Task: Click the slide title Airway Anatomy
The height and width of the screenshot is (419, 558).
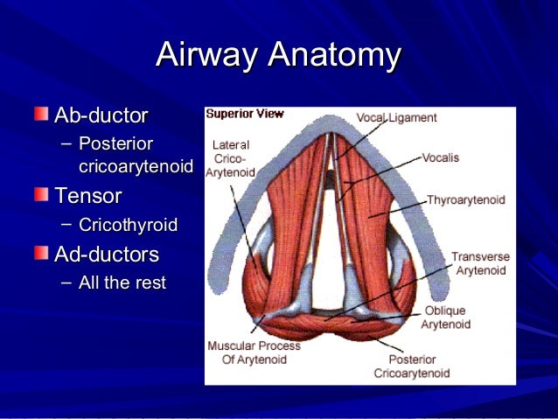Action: [x=278, y=55]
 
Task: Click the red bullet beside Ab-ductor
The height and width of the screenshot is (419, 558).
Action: [x=42, y=115]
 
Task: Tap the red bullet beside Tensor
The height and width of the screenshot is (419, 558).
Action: [x=42, y=193]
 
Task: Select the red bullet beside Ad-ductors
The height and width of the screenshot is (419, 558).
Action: [x=42, y=254]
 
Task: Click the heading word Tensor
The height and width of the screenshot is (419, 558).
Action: [x=87, y=194]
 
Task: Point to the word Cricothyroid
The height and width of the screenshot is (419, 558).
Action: [x=128, y=226]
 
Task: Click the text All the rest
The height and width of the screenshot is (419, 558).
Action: [x=122, y=283]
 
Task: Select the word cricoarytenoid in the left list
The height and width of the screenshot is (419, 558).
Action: [x=136, y=165]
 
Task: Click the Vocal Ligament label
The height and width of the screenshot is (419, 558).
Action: [x=396, y=117]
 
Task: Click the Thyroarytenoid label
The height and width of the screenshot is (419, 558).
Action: [x=465, y=200]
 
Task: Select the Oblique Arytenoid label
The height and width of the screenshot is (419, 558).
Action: [x=445, y=317]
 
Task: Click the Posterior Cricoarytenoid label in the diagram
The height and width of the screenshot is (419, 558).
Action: [x=411, y=366]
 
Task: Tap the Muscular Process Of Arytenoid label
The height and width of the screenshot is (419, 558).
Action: [x=254, y=352]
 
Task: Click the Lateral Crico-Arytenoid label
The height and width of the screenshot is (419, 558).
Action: [x=231, y=158]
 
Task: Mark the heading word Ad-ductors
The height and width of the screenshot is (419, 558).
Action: [x=107, y=255]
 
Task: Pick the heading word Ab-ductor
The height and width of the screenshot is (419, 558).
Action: [x=101, y=115]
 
